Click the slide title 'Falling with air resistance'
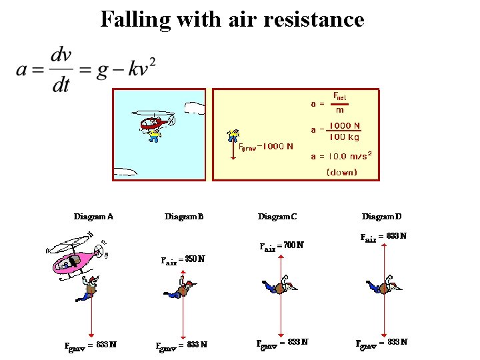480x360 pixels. [232, 19]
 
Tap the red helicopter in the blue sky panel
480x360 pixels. [156, 123]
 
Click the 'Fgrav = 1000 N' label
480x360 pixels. [265, 147]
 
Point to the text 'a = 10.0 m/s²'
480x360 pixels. [341, 157]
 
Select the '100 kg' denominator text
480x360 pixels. [344, 137]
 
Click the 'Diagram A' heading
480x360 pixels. [93, 216]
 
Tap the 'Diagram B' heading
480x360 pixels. [184, 216]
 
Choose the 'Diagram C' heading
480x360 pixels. [277, 216]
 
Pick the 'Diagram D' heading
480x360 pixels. [382, 216]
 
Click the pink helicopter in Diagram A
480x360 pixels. [75, 256]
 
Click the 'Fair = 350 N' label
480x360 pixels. [183, 259]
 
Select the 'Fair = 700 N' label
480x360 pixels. [281, 245]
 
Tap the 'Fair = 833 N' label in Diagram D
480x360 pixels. [383, 237]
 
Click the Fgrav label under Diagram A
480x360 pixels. [90, 345]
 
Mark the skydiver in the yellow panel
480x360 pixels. [233, 136]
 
